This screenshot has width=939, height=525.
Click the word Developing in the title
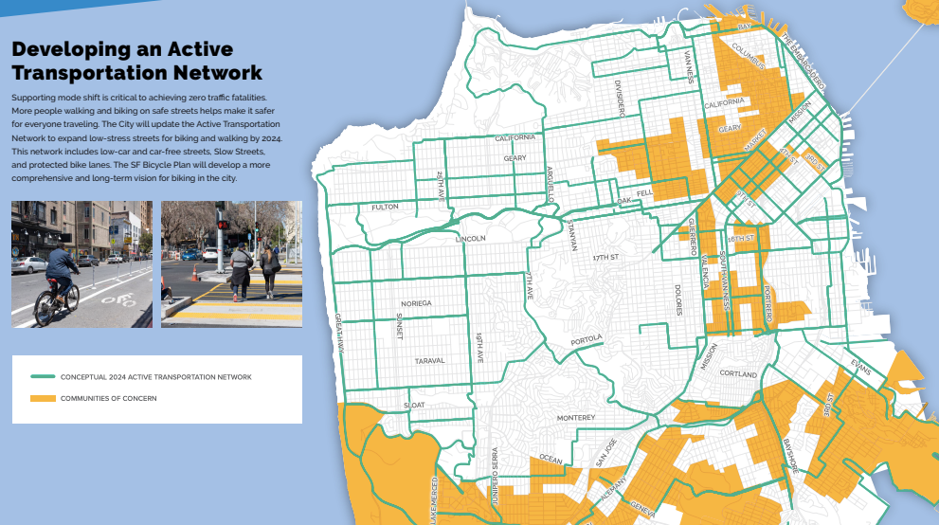click(x=65, y=49)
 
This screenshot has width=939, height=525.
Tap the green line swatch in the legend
click(x=43, y=376)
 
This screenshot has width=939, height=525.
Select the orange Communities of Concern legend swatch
click(x=43, y=398)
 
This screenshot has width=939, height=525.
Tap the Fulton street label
click(x=385, y=207)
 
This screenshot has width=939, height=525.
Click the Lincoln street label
click(x=470, y=238)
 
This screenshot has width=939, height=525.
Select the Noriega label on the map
click(x=417, y=303)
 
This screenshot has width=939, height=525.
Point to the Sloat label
click(x=415, y=405)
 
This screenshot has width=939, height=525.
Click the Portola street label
click(x=587, y=339)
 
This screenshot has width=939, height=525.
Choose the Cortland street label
click(x=738, y=374)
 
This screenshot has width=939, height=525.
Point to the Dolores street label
click(x=678, y=300)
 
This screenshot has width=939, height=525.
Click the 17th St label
click(x=605, y=258)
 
